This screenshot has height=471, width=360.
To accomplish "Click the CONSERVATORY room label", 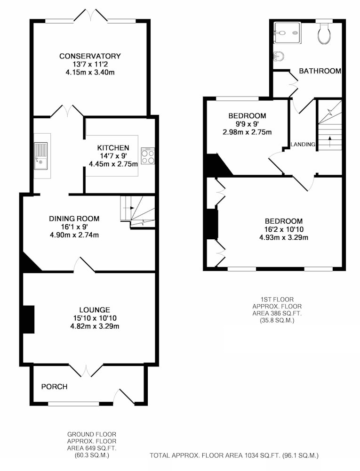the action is click(90, 56).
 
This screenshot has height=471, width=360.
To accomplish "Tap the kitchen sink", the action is click(40, 156).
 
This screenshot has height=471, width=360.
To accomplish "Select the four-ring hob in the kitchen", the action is click(148, 156).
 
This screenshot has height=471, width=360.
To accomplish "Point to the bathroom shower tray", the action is click(287, 32).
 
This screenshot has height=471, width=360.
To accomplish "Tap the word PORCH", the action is click(54, 387).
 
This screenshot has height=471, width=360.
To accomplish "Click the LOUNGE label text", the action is click(95, 310).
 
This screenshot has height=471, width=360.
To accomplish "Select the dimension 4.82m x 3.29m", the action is click(95, 326).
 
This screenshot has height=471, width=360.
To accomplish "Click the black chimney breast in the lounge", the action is click(29, 319).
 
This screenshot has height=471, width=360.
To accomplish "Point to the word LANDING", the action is click(303, 145).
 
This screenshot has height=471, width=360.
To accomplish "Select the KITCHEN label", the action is click(113, 148).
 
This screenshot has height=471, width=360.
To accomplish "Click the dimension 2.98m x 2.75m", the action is click(247, 132).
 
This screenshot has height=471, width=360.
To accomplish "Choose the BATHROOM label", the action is click(320, 71).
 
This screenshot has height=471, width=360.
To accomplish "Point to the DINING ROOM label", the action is click(74, 219).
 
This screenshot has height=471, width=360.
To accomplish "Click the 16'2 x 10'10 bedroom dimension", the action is click(284, 229).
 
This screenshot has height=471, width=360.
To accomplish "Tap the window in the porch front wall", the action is click(74, 404).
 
